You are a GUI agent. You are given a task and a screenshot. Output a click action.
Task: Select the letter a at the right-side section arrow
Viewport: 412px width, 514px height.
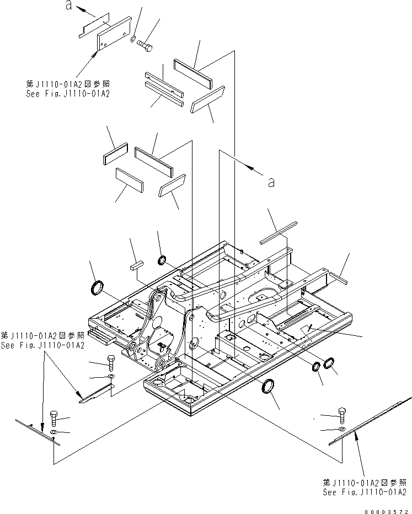[270, 183]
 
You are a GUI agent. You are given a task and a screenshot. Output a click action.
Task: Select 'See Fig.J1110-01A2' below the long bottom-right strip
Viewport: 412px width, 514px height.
[365, 492]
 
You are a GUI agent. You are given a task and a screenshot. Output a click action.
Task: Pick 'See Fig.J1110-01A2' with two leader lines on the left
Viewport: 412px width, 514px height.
[42, 345]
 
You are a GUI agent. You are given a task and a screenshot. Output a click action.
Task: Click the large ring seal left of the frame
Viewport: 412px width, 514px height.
[97, 287]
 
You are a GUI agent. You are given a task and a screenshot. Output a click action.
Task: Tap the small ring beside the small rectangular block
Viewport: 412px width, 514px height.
[163, 260]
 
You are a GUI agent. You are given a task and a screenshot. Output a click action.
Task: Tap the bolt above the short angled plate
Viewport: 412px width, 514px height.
[110, 362]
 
